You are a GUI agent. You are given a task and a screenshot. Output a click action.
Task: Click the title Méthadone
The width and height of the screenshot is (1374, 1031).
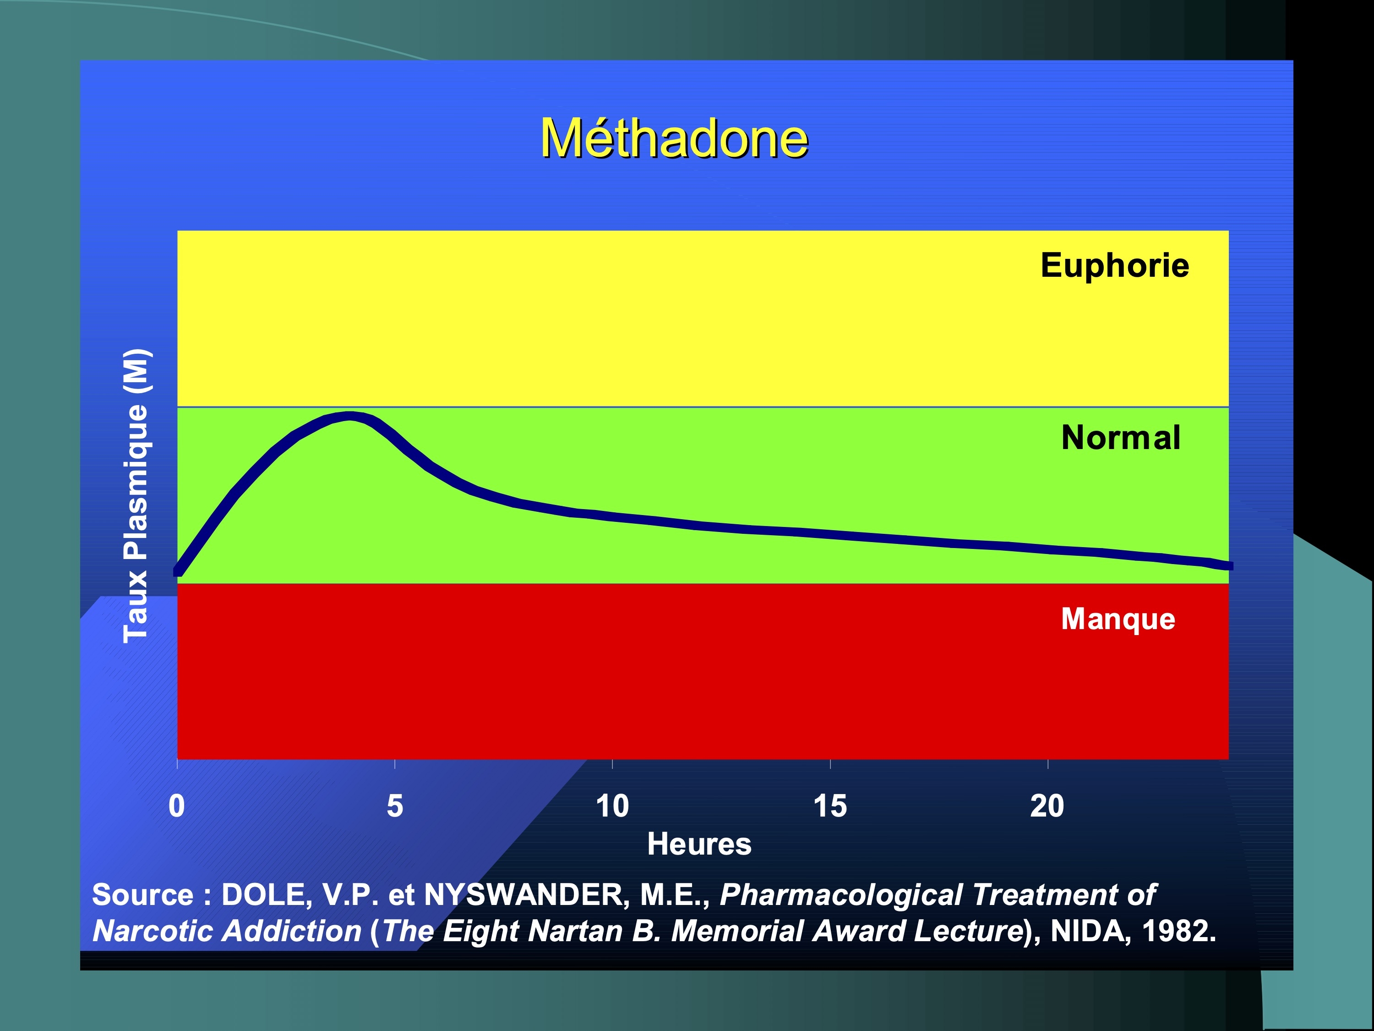coord(675,137)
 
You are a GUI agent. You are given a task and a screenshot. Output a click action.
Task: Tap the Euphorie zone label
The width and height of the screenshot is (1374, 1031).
coord(1115,266)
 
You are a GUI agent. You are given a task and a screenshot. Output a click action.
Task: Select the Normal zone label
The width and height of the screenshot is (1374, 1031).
coord(1121,438)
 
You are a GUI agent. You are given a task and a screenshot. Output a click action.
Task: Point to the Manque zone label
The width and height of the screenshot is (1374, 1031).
coord(1118,619)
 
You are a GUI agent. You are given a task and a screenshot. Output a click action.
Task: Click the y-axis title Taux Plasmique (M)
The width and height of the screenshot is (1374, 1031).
coord(136,496)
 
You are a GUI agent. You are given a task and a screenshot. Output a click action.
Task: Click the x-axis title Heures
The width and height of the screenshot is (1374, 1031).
coord(699,844)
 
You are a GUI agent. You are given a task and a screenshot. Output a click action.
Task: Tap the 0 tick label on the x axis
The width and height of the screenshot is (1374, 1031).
coord(177,806)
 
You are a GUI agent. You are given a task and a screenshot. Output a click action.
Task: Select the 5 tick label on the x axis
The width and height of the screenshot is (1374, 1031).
coord(395,806)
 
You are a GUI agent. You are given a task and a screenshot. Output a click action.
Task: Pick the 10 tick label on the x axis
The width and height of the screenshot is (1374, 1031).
coord(612,806)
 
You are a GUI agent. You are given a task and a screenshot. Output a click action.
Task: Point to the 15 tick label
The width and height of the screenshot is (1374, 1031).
coord(830,806)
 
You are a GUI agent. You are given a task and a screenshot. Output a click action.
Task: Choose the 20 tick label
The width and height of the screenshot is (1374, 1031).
coord(1047,806)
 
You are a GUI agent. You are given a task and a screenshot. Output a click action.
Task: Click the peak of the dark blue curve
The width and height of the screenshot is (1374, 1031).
coord(350,416)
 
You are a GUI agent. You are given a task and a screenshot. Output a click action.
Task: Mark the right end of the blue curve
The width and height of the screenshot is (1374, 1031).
coord(1230,565)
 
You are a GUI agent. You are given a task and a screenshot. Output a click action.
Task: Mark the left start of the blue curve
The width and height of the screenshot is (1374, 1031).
coord(178,571)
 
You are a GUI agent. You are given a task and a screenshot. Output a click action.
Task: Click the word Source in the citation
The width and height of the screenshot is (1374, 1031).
coord(143,895)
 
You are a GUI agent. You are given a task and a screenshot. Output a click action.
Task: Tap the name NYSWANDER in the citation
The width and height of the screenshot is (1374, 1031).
coord(523,895)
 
